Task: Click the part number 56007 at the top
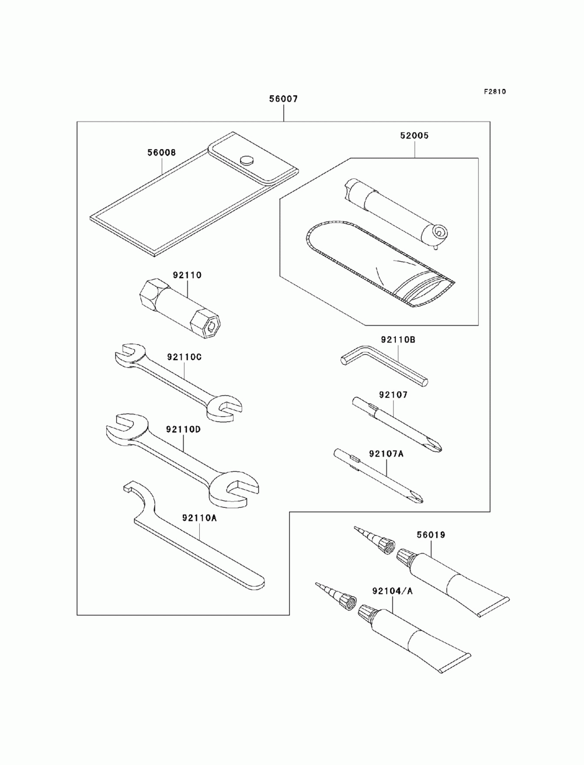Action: tap(283, 99)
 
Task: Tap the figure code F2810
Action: tap(494, 92)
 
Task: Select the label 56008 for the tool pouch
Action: tap(161, 153)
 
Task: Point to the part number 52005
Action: tap(415, 136)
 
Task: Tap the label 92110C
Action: tap(184, 357)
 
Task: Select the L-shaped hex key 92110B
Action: tap(385, 365)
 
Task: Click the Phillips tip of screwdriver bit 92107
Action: tap(436, 446)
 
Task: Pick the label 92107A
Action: tap(385, 453)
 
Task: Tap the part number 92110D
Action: tap(183, 429)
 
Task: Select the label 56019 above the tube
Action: tap(431, 535)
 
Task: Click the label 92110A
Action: tap(199, 517)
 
